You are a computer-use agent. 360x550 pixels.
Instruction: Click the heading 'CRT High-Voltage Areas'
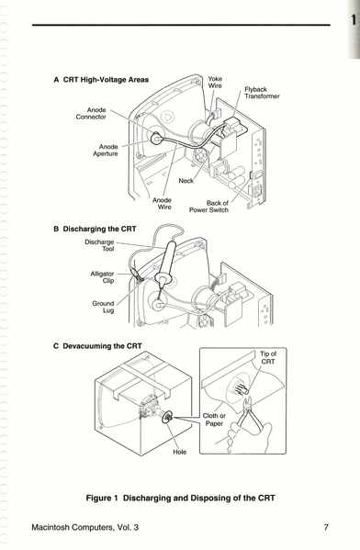point(106,80)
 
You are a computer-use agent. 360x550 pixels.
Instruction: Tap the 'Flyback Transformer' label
point(262,93)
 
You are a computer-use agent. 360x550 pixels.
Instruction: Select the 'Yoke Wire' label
point(215,82)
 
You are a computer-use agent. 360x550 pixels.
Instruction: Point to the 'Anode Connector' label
point(91,113)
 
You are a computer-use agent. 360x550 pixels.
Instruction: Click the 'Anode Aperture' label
point(106,151)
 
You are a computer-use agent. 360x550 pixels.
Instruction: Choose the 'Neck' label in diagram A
point(186,181)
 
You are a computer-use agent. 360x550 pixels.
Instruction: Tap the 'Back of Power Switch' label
point(208,207)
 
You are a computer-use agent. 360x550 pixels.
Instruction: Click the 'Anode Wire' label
point(162,204)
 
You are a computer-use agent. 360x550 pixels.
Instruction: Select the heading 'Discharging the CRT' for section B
point(99,229)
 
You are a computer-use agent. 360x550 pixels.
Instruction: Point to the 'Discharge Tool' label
point(99,245)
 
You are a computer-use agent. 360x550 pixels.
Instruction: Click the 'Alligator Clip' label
point(102,276)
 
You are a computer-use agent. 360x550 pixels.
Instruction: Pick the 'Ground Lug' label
point(103,307)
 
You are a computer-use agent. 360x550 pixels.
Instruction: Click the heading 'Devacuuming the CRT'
point(102,346)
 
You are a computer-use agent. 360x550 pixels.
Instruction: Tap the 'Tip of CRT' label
point(268,357)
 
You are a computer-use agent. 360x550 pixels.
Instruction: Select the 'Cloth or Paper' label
point(214,420)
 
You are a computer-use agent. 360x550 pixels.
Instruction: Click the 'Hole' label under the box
point(179,452)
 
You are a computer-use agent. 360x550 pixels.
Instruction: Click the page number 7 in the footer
point(326,527)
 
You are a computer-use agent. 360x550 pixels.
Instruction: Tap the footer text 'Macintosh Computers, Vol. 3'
point(84,527)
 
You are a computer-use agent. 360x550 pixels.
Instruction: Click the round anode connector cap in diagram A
point(156,139)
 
